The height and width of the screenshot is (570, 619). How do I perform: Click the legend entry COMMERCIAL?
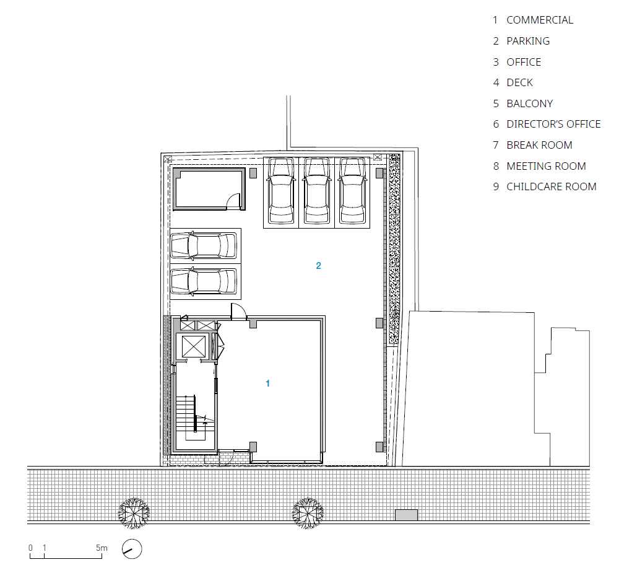(540, 20)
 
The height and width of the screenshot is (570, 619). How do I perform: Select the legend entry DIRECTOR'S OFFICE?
(553, 124)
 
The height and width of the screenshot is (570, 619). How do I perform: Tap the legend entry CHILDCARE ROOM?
(551, 186)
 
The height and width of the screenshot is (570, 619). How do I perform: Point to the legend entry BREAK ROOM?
(539, 145)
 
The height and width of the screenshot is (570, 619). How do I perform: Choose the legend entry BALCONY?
(530, 103)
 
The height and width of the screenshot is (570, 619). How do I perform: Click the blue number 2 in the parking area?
(319, 266)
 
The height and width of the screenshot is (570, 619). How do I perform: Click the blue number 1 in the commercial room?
(267, 383)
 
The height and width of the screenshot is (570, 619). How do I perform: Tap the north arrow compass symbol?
(132, 549)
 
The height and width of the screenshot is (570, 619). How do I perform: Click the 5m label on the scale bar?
(102, 548)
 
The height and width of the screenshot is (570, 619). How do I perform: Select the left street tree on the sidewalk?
(134, 513)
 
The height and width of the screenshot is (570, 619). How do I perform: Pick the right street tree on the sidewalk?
(308, 513)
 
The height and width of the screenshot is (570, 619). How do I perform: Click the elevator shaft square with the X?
(193, 346)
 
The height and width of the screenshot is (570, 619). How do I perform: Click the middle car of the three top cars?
(316, 190)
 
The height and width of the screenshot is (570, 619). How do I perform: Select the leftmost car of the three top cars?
(281, 190)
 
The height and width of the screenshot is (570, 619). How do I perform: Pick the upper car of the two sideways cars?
(204, 245)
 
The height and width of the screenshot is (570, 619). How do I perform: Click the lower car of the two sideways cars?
(204, 281)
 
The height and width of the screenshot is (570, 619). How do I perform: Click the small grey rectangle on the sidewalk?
(406, 515)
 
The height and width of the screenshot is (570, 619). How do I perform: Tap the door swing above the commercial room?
(239, 311)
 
